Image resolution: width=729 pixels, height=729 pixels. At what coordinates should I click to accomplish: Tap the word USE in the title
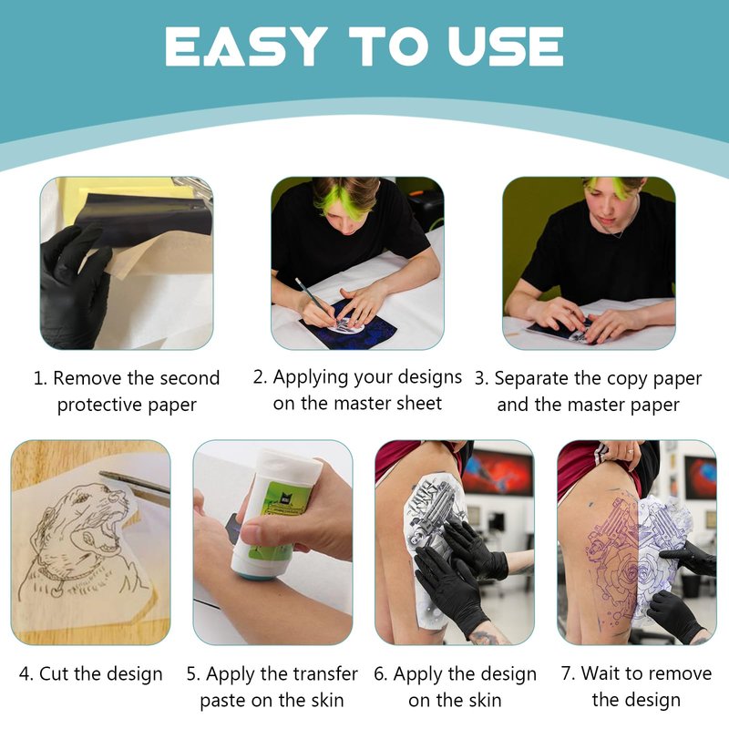pyautogui.click(x=506, y=46)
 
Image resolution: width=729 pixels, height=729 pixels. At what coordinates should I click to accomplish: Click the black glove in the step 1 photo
pyautogui.click(x=75, y=288)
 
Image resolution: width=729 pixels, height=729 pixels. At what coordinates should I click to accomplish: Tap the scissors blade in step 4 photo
pyautogui.click(x=135, y=484)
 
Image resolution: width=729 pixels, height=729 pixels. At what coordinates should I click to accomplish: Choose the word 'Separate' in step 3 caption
pyautogui.click(x=531, y=379)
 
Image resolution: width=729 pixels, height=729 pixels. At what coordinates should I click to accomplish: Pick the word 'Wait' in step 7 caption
pyautogui.click(x=600, y=673)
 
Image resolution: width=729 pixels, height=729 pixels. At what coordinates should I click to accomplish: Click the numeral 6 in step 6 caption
pyautogui.click(x=380, y=674)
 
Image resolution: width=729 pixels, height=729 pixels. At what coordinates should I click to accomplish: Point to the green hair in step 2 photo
pyautogui.click(x=325, y=200)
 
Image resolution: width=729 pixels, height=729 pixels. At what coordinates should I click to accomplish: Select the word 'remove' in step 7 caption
pyautogui.click(x=683, y=673)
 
